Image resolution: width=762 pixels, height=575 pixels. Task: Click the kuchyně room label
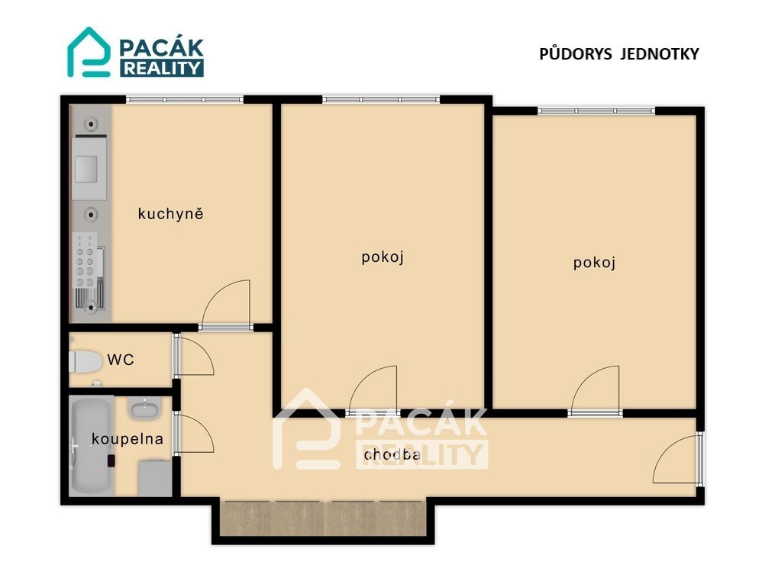tap(170, 214)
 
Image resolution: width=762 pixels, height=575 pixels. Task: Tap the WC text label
tap(121, 360)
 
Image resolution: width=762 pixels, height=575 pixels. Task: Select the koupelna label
tap(128, 439)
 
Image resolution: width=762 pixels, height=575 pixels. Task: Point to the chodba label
tap(392, 454)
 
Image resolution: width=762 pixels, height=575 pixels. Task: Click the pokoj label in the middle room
tap(383, 257)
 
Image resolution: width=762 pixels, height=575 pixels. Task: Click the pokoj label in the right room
tap(594, 263)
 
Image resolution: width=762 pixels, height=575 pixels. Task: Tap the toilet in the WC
tap(85, 361)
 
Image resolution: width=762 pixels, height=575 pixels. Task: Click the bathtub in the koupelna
tap(92, 444)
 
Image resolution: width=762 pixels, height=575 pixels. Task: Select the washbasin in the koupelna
tap(144, 409)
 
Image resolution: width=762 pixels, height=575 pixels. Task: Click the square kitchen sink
tap(89, 169)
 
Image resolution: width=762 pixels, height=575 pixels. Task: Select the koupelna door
tap(195, 434)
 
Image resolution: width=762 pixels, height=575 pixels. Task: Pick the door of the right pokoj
tap(596, 389)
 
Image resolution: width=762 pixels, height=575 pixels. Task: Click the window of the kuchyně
tap(185, 99)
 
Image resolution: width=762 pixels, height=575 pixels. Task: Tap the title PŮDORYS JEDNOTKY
tap(619, 53)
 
